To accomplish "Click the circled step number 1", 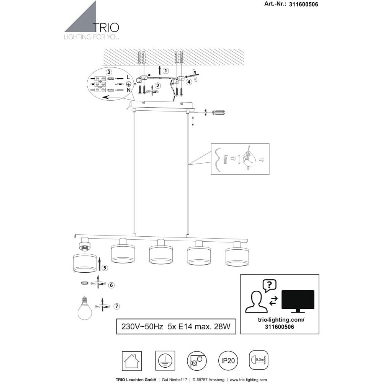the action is pyautogui.click(x=165, y=71).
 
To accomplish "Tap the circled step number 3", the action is pyautogui.click(x=109, y=72).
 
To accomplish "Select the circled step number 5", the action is pyautogui.click(x=105, y=268).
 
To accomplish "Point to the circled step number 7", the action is pyautogui.click(x=117, y=306).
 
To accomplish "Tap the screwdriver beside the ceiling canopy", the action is pyautogui.click(x=214, y=113).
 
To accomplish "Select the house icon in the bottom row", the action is pyautogui.click(x=132, y=361).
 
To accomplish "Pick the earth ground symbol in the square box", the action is pyautogui.click(x=165, y=361).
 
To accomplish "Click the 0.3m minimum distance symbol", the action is pyautogui.click(x=259, y=360).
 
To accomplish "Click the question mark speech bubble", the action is pyautogui.click(x=269, y=286).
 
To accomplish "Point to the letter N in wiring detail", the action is pyautogui.click(x=128, y=90).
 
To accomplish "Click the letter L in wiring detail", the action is pyautogui.click(x=128, y=77).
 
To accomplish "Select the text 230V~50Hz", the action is pyautogui.click(x=142, y=327).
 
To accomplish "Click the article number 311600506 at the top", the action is pyautogui.click(x=304, y=4).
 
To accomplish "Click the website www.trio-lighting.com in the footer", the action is pyautogui.click(x=248, y=380).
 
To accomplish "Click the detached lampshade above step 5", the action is pyautogui.click(x=85, y=263).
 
